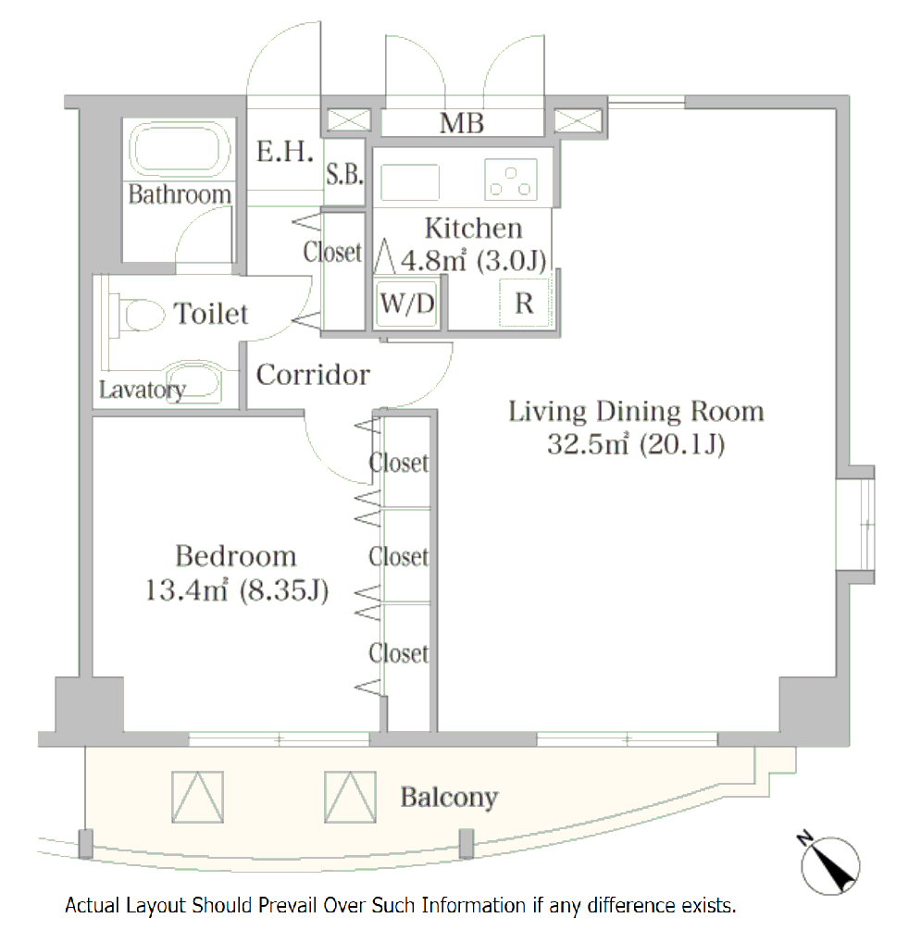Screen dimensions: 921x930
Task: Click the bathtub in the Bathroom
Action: point(180,149)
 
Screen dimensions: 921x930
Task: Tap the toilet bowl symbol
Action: point(142,315)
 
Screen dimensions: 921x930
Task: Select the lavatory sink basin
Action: point(193,381)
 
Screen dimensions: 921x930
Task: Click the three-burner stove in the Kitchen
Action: point(511,180)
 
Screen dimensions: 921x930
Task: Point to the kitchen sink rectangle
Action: point(410,182)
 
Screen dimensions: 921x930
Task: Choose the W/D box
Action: point(407,304)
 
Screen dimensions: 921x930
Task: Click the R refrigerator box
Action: point(525,304)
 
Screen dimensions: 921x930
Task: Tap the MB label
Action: point(462,123)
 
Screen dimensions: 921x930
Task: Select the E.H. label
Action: point(285,151)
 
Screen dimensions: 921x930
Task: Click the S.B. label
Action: point(344,174)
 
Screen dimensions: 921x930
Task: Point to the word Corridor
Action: point(313,375)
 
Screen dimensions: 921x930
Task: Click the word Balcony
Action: point(449,798)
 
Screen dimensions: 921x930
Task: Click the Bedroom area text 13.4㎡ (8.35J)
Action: point(237,590)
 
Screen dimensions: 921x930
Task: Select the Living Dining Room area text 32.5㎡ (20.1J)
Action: point(636,444)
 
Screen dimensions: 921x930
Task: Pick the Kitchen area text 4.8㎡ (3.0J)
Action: point(474,260)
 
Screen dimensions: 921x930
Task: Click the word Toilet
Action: point(211,313)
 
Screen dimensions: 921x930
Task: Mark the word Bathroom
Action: point(180,194)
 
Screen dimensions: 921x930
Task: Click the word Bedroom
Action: point(236,556)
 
